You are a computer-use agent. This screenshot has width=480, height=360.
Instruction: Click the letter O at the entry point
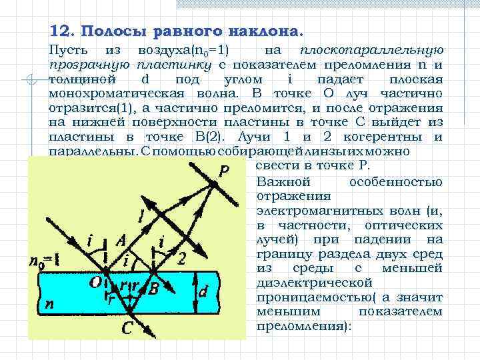(96, 283)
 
